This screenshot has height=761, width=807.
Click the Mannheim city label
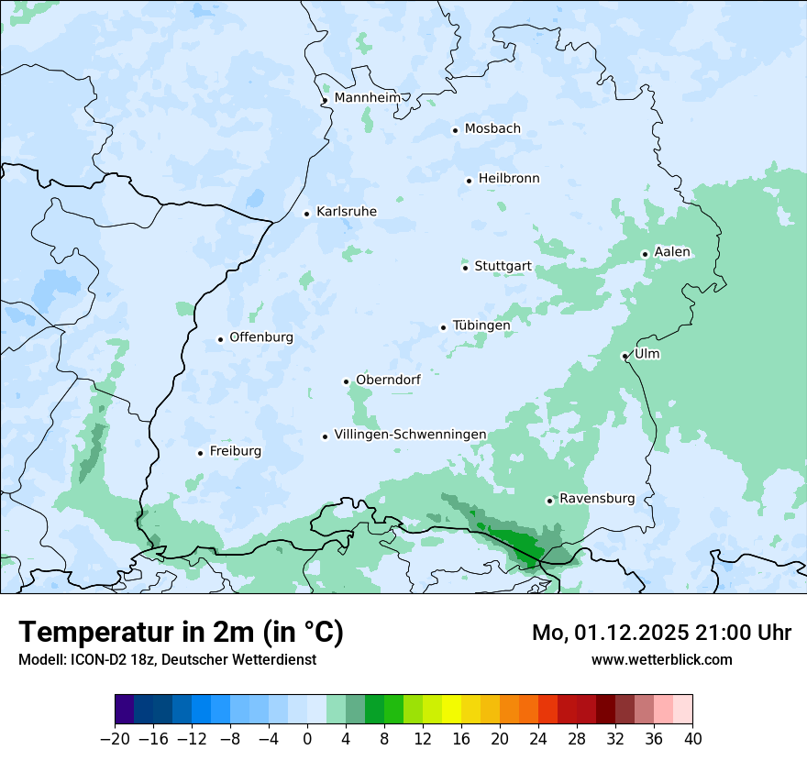[x=367, y=97]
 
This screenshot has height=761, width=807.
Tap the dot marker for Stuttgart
[x=465, y=268]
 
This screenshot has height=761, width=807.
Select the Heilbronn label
[x=509, y=178]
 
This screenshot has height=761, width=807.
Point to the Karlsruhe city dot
[x=307, y=214]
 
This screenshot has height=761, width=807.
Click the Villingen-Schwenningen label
[x=410, y=435]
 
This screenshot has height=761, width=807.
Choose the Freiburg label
[x=235, y=451]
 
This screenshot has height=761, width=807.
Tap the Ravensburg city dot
[x=549, y=501]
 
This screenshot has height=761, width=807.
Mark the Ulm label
[x=647, y=354]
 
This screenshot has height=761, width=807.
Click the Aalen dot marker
[x=645, y=254]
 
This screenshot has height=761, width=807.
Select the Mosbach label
[x=492, y=128]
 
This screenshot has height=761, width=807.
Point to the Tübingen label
[x=481, y=325]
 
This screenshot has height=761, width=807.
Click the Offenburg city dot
[x=220, y=339]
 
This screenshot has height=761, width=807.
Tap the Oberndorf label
[x=388, y=380]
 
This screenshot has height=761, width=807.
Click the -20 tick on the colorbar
[x=115, y=738]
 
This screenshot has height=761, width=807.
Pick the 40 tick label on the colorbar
[x=692, y=738]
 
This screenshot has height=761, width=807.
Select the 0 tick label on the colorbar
[x=307, y=738]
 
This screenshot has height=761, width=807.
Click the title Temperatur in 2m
[x=182, y=632]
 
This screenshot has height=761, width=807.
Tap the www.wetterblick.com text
[x=662, y=659]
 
